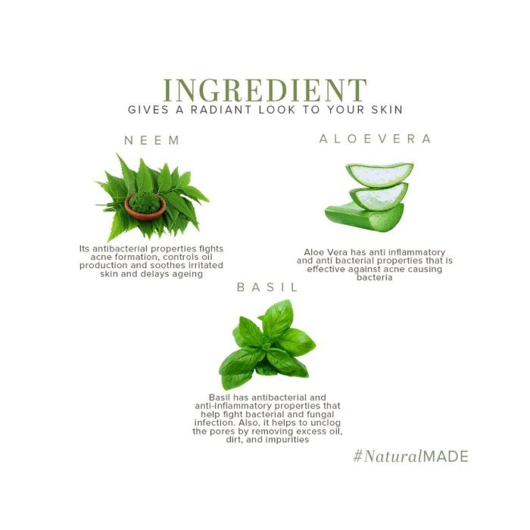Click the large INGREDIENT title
(x=265, y=90)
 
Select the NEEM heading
(x=152, y=140)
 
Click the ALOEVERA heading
(x=376, y=139)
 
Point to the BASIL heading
(x=267, y=287)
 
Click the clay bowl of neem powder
(x=145, y=206)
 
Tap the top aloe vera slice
(x=379, y=174)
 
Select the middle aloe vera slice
(x=379, y=196)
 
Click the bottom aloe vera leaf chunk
(x=364, y=217)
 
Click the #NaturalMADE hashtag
(x=410, y=457)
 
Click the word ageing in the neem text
(x=187, y=274)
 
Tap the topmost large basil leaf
(x=277, y=319)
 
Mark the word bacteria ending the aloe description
(x=375, y=278)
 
